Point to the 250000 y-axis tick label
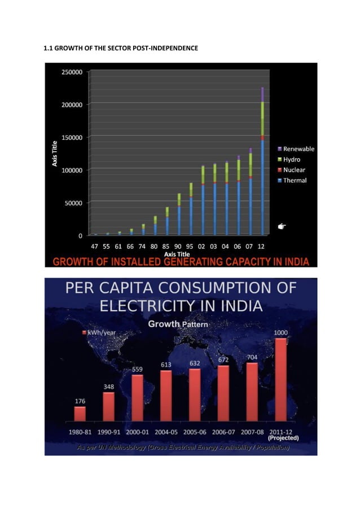72,72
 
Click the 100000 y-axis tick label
72,170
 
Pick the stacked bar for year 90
179,214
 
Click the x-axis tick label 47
95,246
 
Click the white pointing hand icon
282,226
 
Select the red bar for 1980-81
80,414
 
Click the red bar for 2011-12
280,380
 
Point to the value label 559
137,369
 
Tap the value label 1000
280,334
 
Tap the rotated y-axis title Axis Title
56,153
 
